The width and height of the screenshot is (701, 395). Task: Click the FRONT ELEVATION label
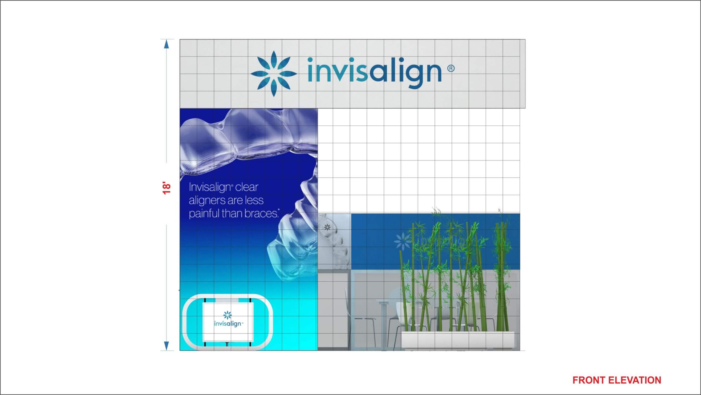617,380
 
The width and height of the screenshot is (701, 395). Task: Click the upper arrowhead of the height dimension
166,44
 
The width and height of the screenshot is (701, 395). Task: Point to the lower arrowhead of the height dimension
166,346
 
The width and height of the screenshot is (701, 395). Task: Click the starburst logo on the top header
274,74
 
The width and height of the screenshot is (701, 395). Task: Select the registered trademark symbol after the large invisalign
451,68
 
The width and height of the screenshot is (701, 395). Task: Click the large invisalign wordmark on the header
375,72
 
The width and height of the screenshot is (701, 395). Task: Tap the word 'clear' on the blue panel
246,187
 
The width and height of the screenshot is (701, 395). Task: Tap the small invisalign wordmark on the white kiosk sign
228,324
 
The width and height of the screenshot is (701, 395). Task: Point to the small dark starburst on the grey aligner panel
327,227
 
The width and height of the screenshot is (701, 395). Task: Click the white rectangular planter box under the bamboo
458,340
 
